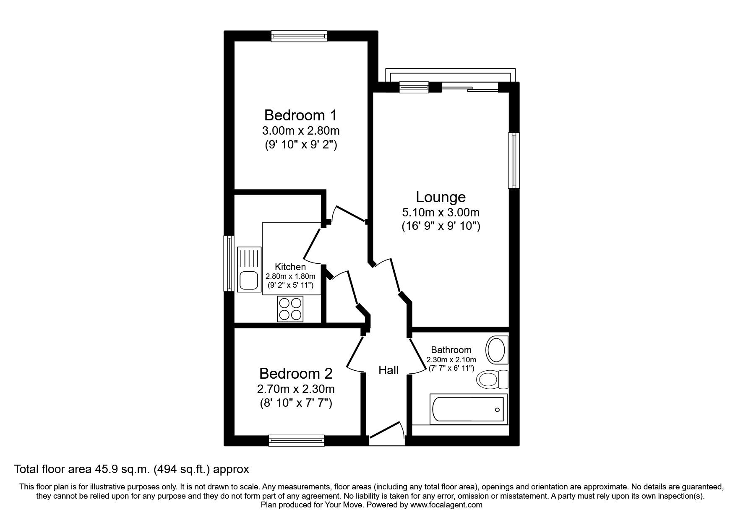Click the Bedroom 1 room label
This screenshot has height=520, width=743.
point(300,115)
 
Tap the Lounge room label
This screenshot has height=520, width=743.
point(441,197)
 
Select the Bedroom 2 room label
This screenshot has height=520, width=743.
point(295,373)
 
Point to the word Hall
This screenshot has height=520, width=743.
point(388,370)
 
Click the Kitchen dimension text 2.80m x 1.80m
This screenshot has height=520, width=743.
point(290,276)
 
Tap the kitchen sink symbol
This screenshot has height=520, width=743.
point(248,270)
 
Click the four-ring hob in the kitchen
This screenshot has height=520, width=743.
point(290,309)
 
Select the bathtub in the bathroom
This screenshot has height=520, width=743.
point(469,409)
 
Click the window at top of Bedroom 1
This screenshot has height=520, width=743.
point(299,36)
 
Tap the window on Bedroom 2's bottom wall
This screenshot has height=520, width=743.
point(297,440)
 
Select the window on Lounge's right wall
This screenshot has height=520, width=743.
point(514,161)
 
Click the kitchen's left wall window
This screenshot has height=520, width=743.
point(229,263)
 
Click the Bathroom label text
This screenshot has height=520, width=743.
point(451,350)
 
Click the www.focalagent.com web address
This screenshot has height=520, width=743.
point(446,505)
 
